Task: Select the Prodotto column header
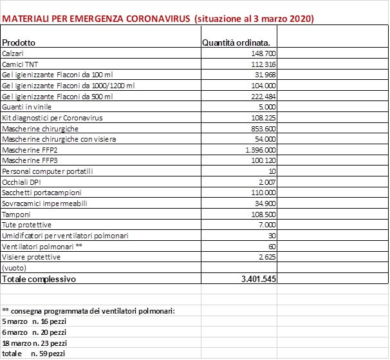[19, 43]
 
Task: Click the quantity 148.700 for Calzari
[264, 53]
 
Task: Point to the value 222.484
[264, 97]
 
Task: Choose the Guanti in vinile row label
[26, 107]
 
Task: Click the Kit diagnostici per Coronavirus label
[52, 118]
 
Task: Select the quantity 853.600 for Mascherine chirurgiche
[264, 129]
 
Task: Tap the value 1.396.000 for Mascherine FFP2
[260, 150]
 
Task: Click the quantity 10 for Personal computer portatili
[272, 171]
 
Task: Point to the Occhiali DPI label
[22, 182]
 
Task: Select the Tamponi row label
[16, 214]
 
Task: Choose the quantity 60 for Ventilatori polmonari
[272, 247]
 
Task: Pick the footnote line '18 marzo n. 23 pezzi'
[35, 343]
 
